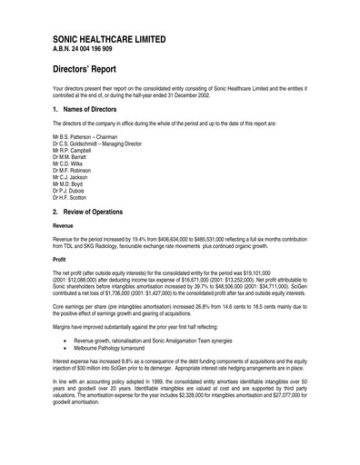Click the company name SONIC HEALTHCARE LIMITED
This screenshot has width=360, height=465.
[109, 41]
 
